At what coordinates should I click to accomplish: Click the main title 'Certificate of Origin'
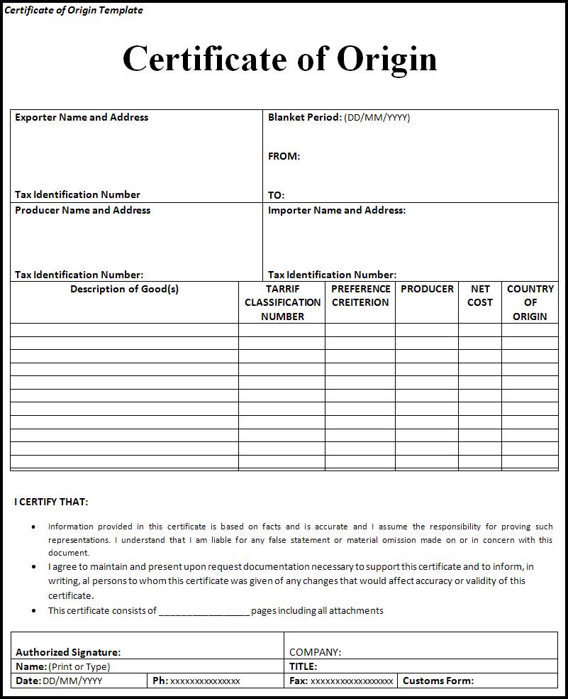point(279,58)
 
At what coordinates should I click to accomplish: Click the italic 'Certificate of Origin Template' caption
point(74,10)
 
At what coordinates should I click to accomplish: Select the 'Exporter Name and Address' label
point(82,117)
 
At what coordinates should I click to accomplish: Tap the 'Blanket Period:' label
point(305,117)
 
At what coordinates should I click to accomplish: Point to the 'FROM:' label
point(284,156)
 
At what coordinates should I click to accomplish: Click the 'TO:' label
point(276,195)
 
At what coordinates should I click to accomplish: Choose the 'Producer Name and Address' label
point(82,210)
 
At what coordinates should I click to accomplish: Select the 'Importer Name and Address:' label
point(337,210)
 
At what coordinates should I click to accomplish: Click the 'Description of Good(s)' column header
point(124,289)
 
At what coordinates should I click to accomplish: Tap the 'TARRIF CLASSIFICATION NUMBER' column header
point(282,302)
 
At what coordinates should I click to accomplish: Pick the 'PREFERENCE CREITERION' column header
point(360,295)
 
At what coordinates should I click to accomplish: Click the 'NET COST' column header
point(480,295)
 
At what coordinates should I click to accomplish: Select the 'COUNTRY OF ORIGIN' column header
point(530,302)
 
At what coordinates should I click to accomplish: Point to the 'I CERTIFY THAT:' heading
point(51,502)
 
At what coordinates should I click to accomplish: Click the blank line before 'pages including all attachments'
point(204,611)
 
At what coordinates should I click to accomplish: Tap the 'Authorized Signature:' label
point(68,652)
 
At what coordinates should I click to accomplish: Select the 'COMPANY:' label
point(315,652)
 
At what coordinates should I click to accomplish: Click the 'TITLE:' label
point(303,666)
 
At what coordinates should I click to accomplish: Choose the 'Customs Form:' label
point(438,681)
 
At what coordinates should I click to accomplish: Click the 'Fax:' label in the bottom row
point(299,681)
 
